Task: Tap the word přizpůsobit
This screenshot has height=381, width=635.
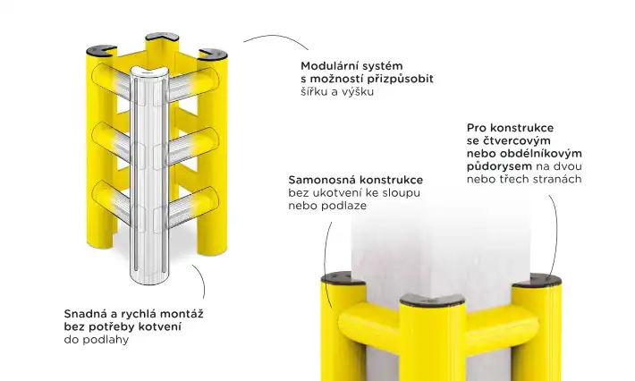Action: coord(399,79)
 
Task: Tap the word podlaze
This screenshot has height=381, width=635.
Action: coord(343,206)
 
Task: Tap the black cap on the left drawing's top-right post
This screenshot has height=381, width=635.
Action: coord(212,52)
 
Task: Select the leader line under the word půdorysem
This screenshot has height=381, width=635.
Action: coord(555,224)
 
